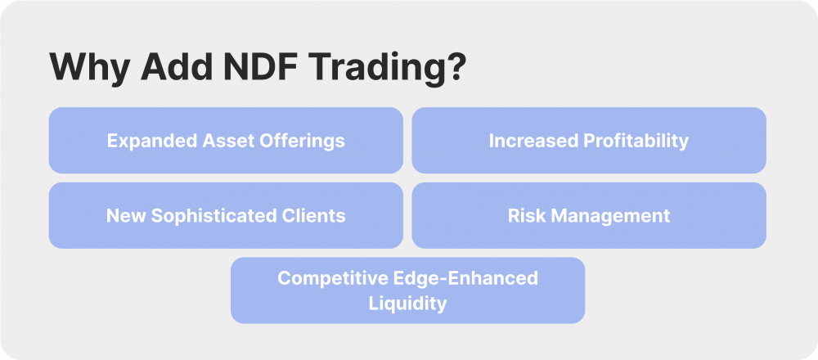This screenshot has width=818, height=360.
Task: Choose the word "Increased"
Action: (x=527, y=141)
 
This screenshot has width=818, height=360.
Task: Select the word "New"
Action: (x=124, y=216)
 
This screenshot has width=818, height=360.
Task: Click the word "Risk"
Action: (x=526, y=216)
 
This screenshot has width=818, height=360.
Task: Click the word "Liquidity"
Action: (x=407, y=304)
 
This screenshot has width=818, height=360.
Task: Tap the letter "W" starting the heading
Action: (x=68, y=68)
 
